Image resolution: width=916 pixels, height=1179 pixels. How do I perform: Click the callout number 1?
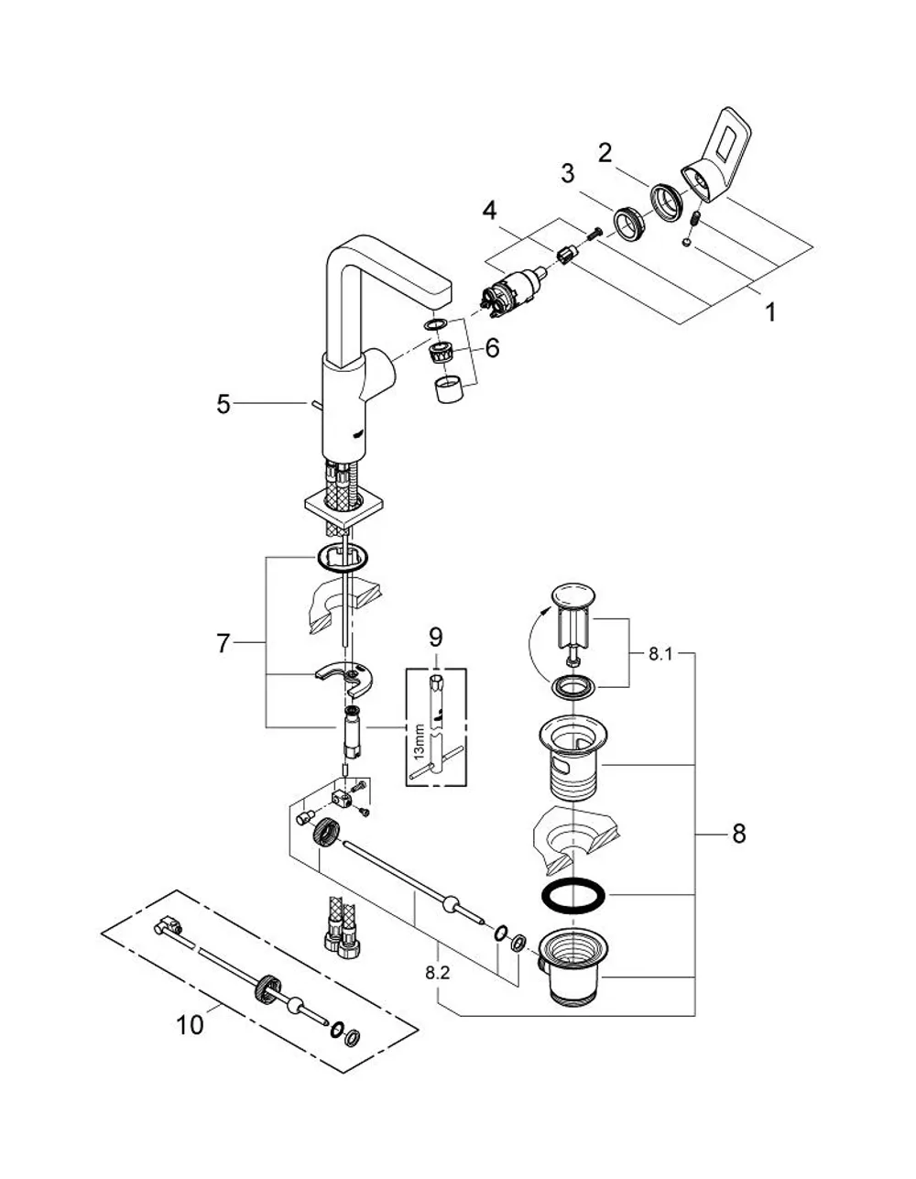770,312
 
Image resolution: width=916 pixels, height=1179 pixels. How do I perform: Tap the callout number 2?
605,153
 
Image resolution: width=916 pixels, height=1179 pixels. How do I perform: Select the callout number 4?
490,211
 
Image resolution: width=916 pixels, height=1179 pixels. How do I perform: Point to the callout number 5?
224,404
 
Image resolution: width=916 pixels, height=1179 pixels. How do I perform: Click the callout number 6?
492,348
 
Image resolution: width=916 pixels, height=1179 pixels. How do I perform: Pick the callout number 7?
224,643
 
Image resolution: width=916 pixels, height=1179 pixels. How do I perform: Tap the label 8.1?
660,654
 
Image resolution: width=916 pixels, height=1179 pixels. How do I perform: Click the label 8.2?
438,973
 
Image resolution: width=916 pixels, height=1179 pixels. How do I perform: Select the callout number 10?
191,1024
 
